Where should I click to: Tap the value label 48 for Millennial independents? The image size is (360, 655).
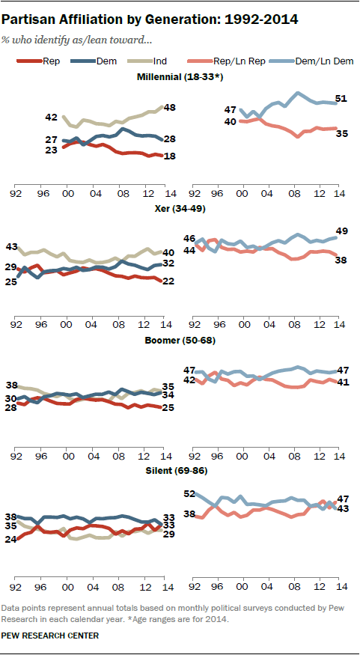tap(171, 108)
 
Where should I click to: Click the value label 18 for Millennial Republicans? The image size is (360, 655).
tap(171, 156)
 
